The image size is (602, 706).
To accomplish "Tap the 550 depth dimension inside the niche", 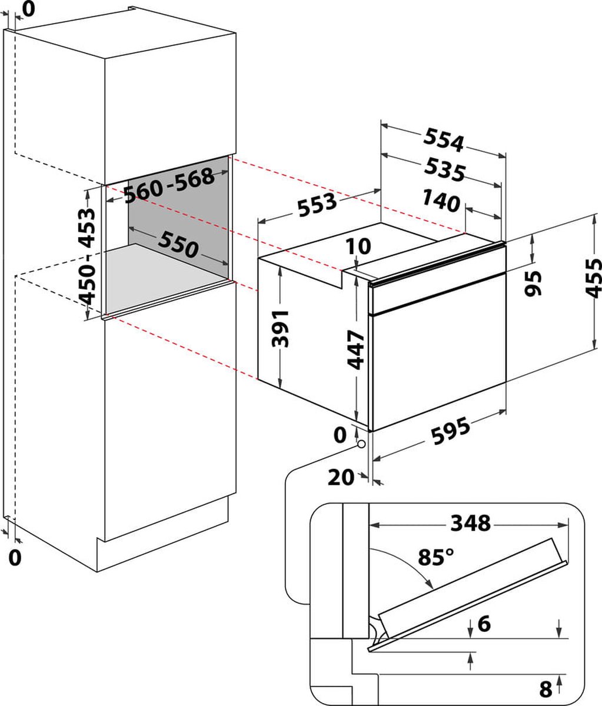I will pyautogui.click(x=177, y=245).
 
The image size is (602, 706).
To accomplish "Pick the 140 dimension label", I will pyautogui.click(x=441, y=202).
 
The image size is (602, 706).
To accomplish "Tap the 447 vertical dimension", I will pyautogui.click(x=357, y=349).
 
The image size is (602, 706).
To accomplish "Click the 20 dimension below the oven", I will pyautogui.click(x=341, y=478).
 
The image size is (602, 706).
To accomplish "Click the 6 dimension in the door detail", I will pyautogui.click(x=484, y=623).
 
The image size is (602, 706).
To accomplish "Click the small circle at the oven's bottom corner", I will pyautogui.click(x=361, y=444).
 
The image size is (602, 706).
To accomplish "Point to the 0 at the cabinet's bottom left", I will pyautogui.click(x=15, y=557).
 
